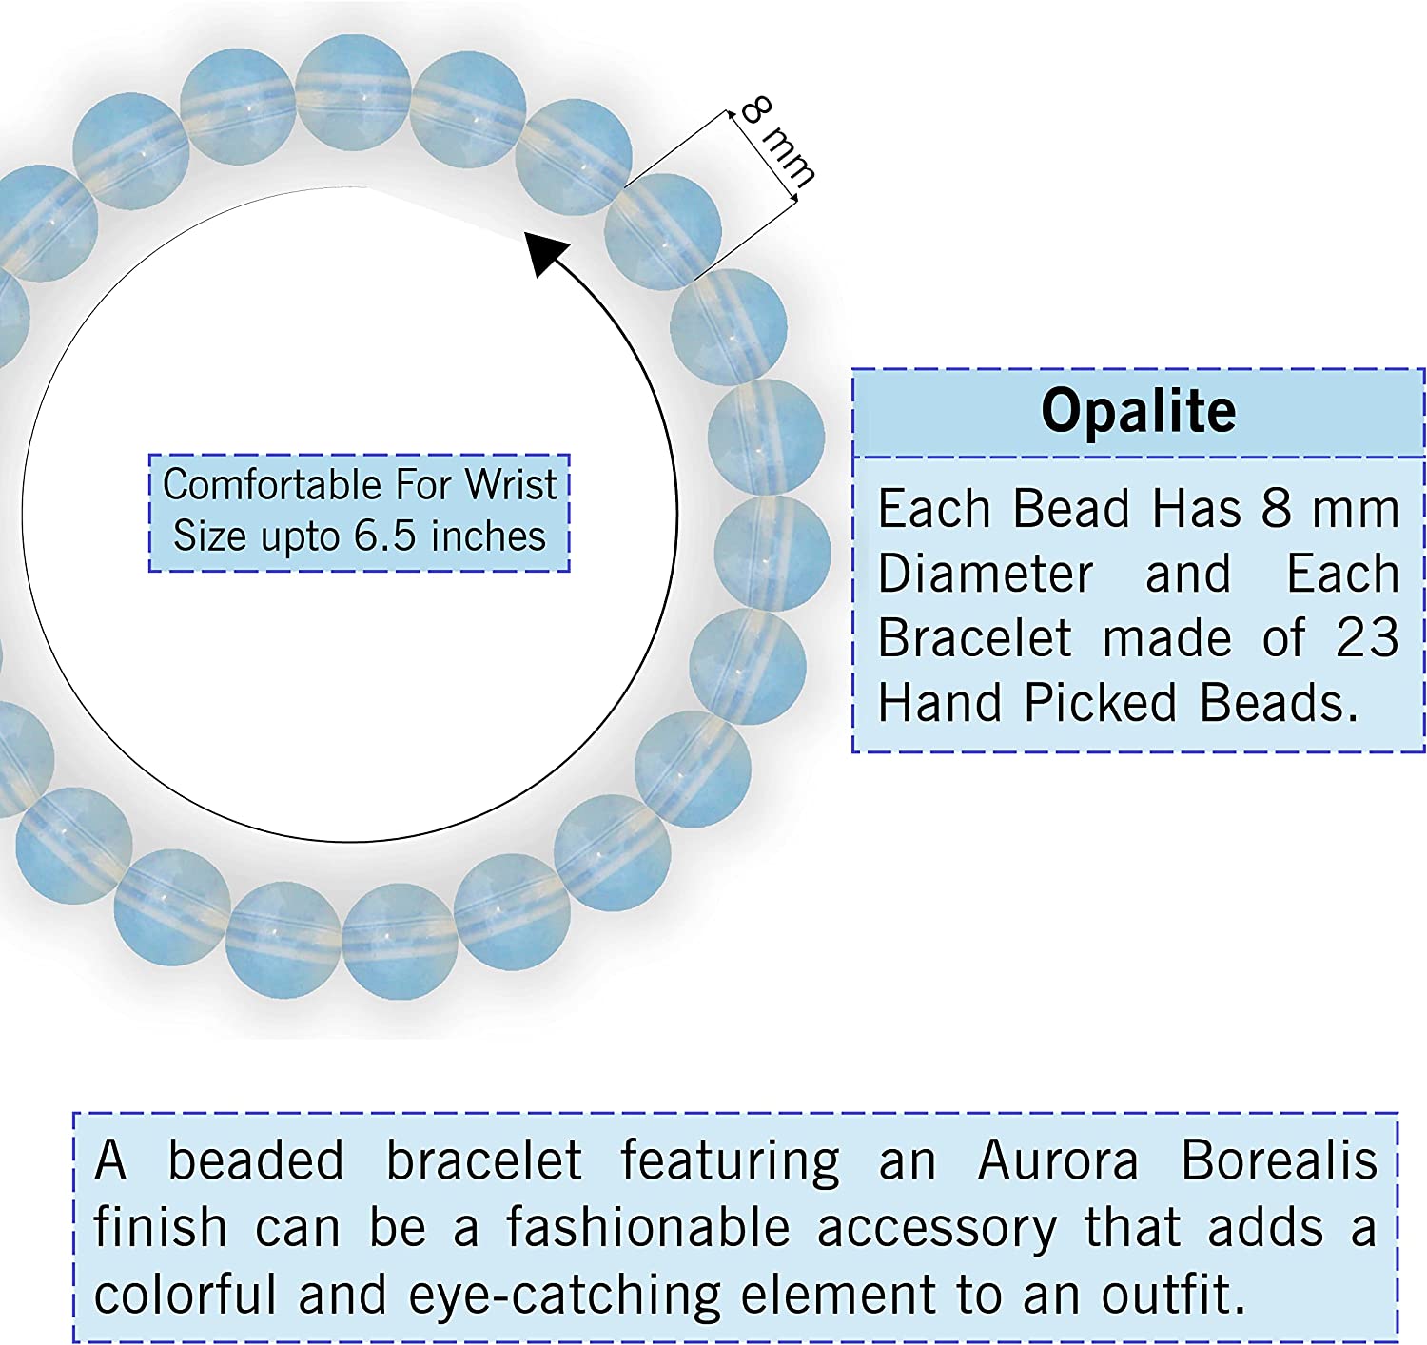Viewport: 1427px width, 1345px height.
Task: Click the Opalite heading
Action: (1138, 412)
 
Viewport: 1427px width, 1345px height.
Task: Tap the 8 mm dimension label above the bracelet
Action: (777, 142)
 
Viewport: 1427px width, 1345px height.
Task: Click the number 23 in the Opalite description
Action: (1367, 638)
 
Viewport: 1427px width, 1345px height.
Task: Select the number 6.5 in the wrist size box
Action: (384, 536)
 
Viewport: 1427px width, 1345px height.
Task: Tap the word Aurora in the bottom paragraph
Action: (1058, 1161)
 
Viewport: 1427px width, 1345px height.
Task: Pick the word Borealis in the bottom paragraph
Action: (1279, 1161)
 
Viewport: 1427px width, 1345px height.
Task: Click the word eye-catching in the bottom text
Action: (567, 1296)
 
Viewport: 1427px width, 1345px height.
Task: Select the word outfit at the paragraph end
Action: (1172, 1296)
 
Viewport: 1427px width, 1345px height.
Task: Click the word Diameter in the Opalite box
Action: (986, 575)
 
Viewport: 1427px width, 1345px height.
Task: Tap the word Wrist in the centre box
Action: (511, 485)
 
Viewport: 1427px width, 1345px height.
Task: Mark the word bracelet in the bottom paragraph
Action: (483, 1161)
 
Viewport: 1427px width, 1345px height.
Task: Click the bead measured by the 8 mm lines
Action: (663, 231)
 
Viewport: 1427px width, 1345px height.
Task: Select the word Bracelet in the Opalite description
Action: (975, 638)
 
